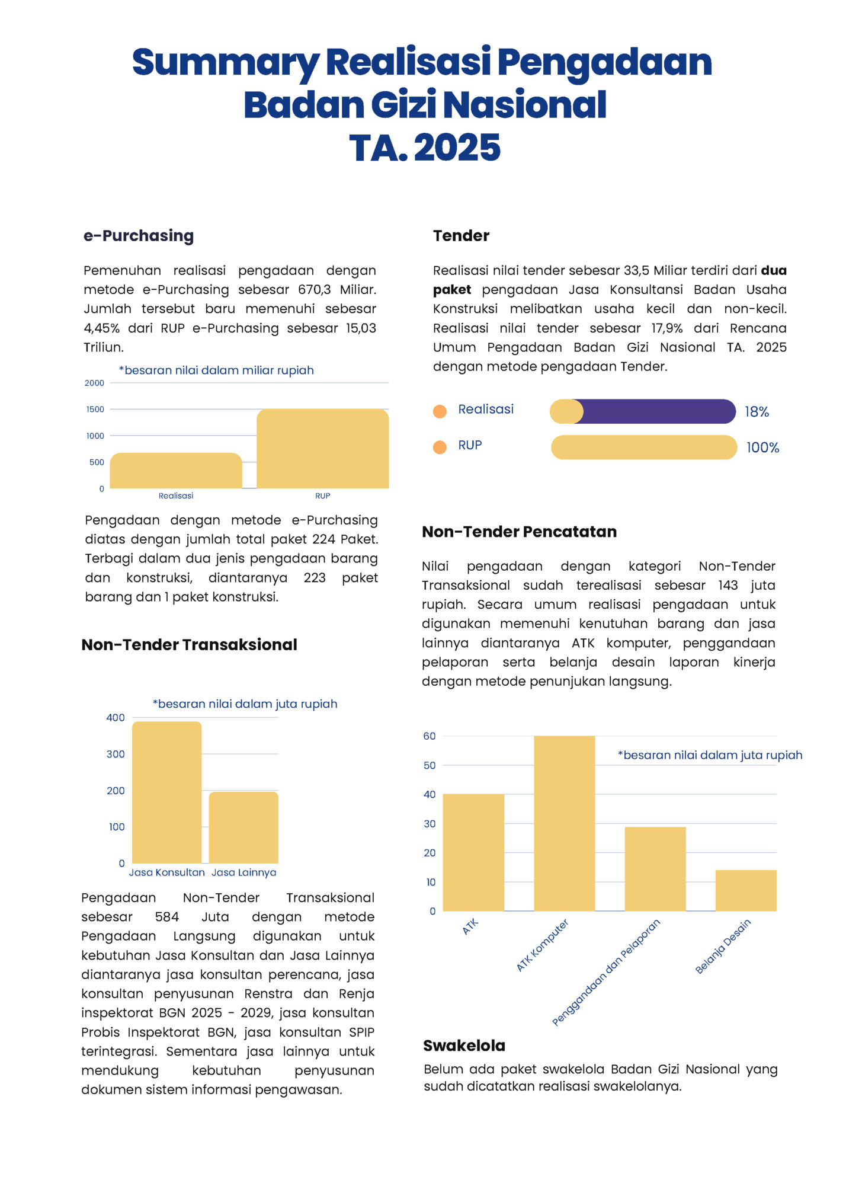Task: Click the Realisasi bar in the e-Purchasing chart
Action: [176, 471]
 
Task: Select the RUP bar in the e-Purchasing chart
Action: [323, 449]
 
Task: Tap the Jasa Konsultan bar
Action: [166, 792]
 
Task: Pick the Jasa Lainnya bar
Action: [243, 827]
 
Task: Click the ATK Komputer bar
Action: [564, 823]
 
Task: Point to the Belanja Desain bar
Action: [746, 890]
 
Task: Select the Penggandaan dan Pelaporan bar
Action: [655, 869]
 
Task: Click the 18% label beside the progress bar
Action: [757, 412]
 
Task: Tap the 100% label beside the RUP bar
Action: [762, 448]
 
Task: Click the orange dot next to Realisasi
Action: [440, 411]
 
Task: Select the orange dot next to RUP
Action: [440, 447]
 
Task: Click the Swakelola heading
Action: [464, 1046]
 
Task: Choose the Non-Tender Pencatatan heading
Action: [519, 532]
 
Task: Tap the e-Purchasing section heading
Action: [139, 236]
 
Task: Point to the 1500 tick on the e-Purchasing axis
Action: [95, 410]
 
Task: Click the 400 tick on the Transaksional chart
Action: [116, 718]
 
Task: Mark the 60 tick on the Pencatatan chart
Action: [430, 736]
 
